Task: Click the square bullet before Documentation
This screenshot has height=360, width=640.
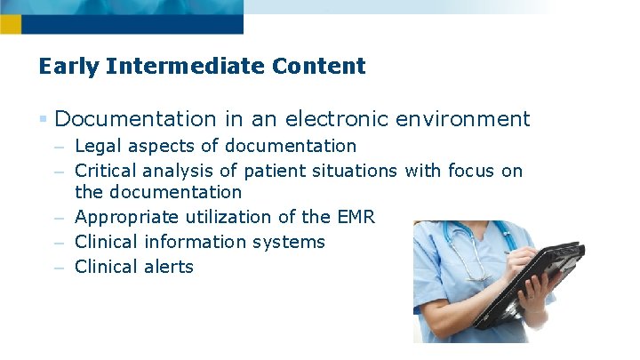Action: tap(44, 119)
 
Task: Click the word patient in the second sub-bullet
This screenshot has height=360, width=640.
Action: tap(267, 170)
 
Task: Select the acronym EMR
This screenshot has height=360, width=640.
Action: tap(356, 217)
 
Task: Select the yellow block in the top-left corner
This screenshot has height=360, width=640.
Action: tap(10, 25)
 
